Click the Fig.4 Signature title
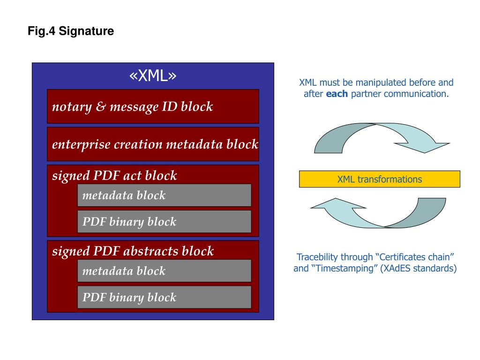70,32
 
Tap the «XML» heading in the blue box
153,76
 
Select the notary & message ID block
153,106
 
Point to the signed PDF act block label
114,176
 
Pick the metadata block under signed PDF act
164,195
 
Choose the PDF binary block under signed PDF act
164,222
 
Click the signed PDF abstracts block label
133,251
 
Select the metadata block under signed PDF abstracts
164,271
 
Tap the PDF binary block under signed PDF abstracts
164,297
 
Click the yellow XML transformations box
380,179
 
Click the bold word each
337,94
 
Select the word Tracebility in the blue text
318,257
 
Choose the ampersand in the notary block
100,107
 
